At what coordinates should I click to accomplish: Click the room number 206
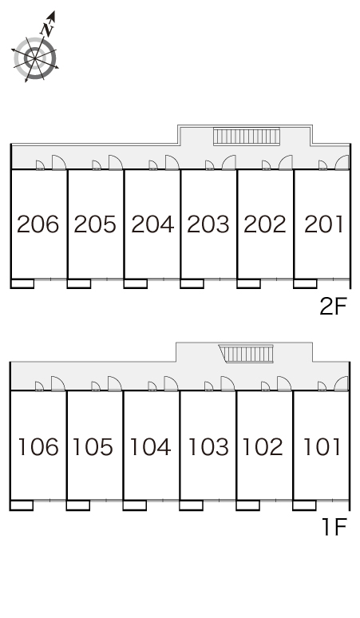38,224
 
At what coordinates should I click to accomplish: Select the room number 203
208,224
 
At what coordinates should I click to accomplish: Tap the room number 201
323,224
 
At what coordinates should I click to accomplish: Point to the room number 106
38,446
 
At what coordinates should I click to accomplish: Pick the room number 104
150,446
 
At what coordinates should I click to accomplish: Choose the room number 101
322,446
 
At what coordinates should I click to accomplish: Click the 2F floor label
333,307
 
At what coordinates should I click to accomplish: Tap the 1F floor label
334,527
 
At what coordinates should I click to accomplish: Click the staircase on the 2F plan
247,137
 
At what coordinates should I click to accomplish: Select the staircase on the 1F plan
247,354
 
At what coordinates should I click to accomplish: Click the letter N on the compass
48,30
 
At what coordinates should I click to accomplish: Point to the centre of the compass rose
34,59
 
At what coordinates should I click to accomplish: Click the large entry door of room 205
116,163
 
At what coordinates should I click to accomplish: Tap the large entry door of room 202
286,163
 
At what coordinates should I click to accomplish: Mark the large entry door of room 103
227,383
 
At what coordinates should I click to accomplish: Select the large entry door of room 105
115,383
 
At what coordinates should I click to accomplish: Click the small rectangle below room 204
136,283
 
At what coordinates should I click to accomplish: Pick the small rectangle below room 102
247,505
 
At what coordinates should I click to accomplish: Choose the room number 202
265,224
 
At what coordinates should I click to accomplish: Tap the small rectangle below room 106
22,505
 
